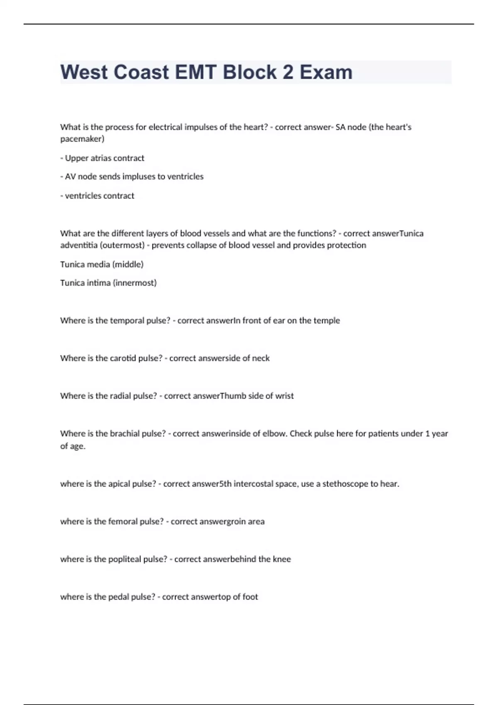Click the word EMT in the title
195,72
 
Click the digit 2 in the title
288,72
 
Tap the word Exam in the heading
326,72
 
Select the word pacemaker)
82,139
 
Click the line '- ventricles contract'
97,196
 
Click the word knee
282,559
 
